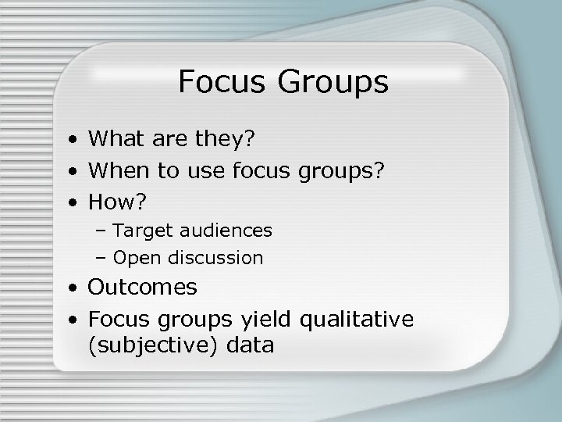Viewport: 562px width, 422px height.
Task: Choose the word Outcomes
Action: point(143,287)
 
